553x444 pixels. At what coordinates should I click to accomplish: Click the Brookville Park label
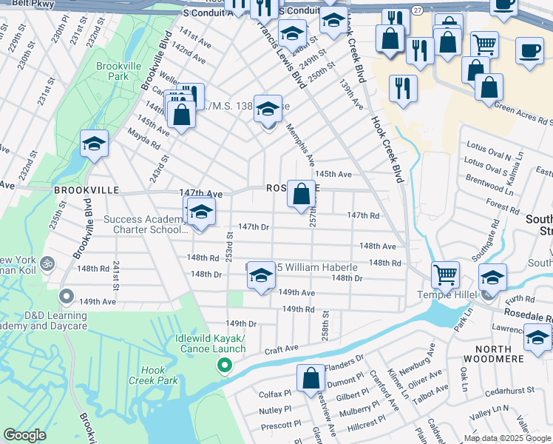pyautogui.click(x=114, y=70)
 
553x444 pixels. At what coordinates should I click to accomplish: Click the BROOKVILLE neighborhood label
pyautogui.click(x=86, y=190)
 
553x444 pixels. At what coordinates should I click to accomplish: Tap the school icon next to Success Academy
pyautogui.click(x=201, y=212)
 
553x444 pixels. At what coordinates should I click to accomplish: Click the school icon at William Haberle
pyautogui.click(x=260, y=276)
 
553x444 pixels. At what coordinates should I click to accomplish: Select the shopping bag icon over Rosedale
pyautogui.click(x=302, y=195)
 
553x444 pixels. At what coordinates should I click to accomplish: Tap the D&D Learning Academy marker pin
pyautogui.click(x=66, y=297)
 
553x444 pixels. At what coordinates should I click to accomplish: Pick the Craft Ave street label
pyautogui.click(x=281, y=348)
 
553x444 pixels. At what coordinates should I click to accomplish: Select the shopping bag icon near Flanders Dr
pyautogui.click(x=311, y=378)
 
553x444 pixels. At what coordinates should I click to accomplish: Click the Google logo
pyautogui.click(x=25, y=435)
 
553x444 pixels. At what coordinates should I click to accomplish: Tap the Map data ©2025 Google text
pyautogui.click(x=507, y=438)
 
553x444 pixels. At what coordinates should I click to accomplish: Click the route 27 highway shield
pyautogui.click(x=418, y=10)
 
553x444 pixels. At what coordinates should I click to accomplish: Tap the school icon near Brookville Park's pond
pyautogui.click(x=95, y=144)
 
